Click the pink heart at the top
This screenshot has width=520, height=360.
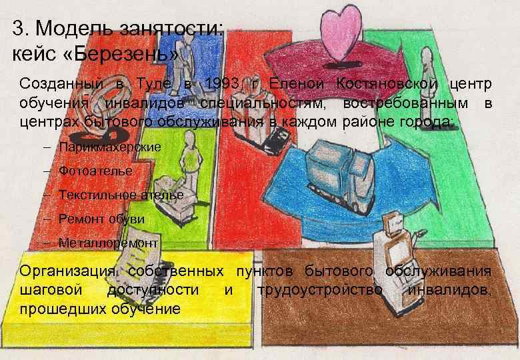click(x=340, y=31)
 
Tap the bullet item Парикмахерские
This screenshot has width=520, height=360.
click(x=109, y=147)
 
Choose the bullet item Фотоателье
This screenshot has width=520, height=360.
click(x=95, y=171)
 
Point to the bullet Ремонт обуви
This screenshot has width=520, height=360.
click(x=101, y=219)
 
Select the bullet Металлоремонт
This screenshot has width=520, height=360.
click(x=108, y=243)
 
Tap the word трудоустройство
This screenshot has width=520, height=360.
click(x=319, y=290)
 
